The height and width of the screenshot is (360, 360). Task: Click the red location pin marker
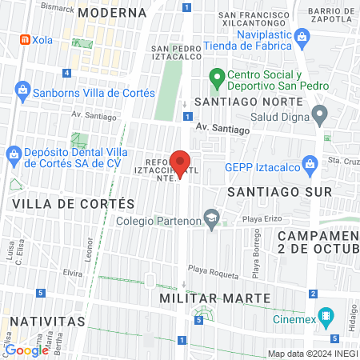[181, 163]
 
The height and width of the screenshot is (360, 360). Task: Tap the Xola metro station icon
[26, 39]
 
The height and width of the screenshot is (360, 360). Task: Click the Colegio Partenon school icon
[211, 217]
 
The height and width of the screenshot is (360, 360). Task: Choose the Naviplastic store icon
[302, 36]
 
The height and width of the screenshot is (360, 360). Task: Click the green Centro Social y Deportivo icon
[215, 78]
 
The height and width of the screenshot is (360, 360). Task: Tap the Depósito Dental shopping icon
[14, 153]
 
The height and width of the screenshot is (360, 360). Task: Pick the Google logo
[26, 350]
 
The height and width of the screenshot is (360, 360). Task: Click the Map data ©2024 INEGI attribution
[312, 354]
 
